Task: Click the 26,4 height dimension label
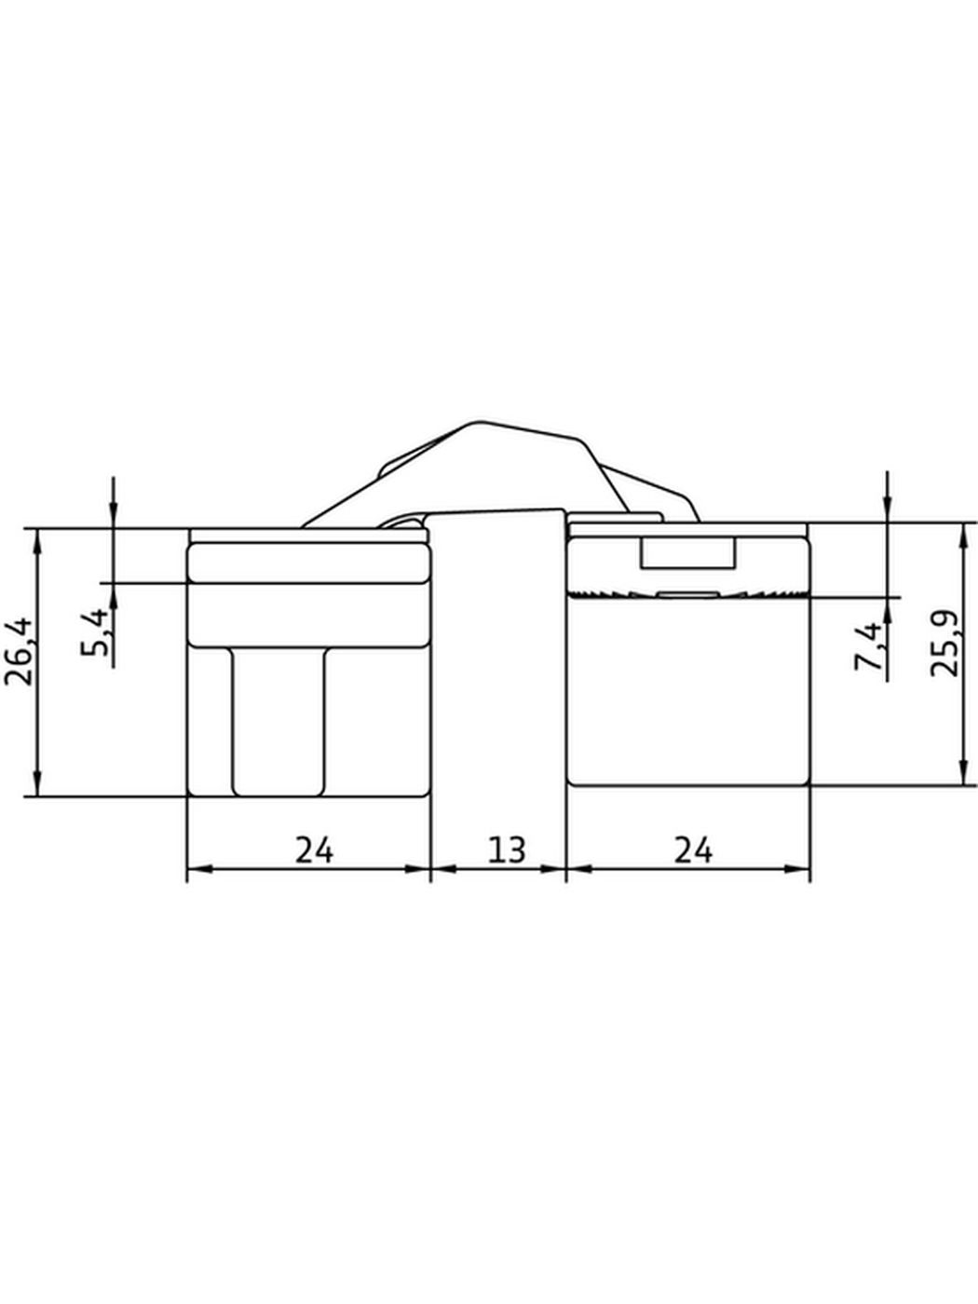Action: (x=19, y=652)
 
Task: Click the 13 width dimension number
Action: (x=507, y=850)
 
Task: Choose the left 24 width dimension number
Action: (x=314, y=850)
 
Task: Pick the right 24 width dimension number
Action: (x=693, y=850)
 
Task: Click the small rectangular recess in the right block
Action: (x=687, y=552)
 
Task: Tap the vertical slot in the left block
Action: (x=278, y=721)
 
